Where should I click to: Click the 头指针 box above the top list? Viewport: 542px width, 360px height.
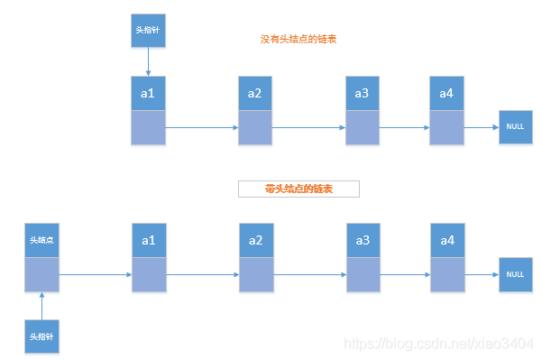[147, 30]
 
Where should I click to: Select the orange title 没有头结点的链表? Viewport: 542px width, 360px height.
[299, 40]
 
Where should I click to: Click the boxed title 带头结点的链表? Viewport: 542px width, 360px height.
[299, 189]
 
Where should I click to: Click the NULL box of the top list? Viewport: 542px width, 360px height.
[515, 127]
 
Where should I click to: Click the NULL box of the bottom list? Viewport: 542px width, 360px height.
[515, 274]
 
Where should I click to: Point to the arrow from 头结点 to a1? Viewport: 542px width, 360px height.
[95, 274]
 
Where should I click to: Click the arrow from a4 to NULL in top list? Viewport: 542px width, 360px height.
[482, 127]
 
